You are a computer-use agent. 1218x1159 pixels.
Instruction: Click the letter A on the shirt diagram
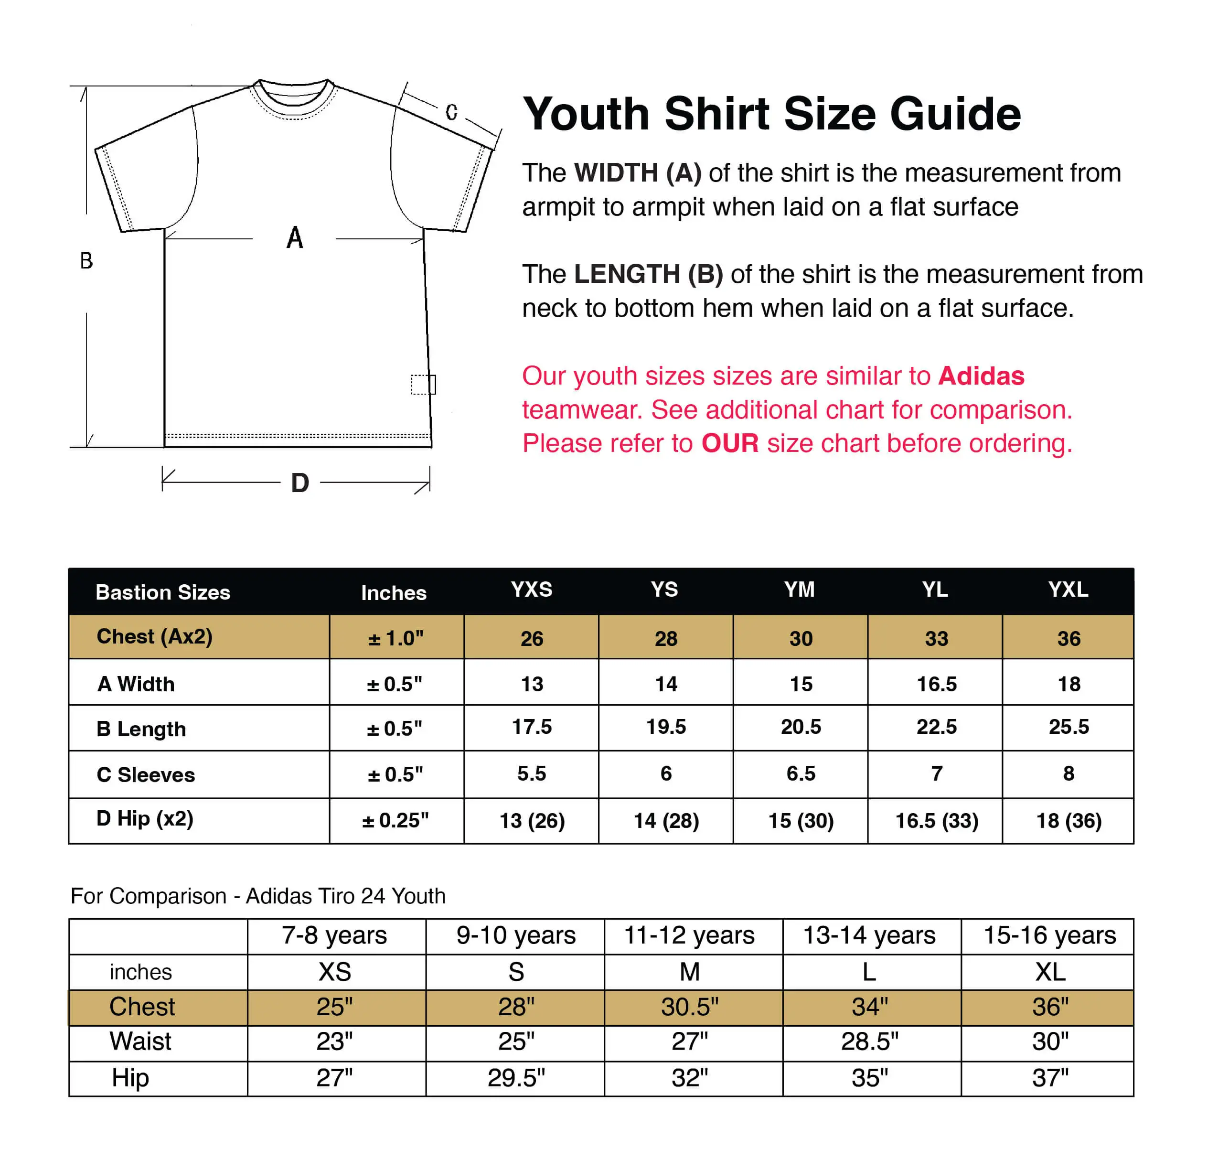pyautogui.click(x=295, y=238)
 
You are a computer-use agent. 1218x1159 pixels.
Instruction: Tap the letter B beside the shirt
pyautogui.click(x=86, y=261)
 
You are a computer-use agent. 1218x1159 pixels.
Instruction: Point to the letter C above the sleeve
pyautogui.click(x=451, y=112)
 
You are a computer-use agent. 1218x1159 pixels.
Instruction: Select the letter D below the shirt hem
pyautogui.click(x=300, y=483)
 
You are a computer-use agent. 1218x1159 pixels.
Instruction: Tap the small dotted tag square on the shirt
pyautogui.click(x=423, y=384)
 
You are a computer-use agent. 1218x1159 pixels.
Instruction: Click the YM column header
pyautogui.click(x=800, y=590)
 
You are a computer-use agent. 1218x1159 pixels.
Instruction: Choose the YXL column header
pyautogui.click(x=1068, y=590)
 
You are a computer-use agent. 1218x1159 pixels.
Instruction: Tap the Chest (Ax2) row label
pyautogui.click(x=154, y=636)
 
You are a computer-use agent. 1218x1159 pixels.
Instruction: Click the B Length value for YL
pyautogui.click(x=936, y=727)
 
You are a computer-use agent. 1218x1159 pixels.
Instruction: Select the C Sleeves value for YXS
pyautogui.click(x=531, y=773)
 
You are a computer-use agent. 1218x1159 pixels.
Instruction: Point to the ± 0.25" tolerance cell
pyautogui.click(x=395, y=820)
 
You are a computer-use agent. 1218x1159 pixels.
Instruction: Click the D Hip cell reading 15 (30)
pyautogui.click(x=801, y=820)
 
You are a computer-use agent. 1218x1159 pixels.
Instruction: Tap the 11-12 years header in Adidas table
pyautogui.click(x=689, y=935)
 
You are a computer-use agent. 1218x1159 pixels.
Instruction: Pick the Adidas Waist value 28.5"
pyautogui.click(x=870, y=1041)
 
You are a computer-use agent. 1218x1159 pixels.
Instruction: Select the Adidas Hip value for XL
pyautogui.click(x=1050, y=1078)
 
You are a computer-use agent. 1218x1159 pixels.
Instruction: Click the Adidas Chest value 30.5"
pyautogui.click(x=689, y=1007)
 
